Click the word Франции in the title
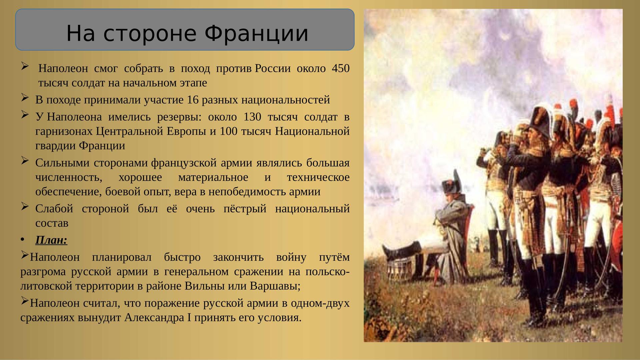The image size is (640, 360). click(x=256, y=33)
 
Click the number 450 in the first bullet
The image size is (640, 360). click(x=341, y=69)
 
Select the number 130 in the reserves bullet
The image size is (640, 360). click(x=252, y=117)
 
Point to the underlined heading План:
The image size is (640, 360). click(x=51, y=240)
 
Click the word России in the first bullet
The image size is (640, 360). click(x=273, y=69)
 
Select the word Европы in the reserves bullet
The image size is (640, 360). click(x=186, y=131)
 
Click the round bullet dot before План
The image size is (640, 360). click(x=22, y=240)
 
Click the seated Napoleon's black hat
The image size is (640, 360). click(x=450, y=185)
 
